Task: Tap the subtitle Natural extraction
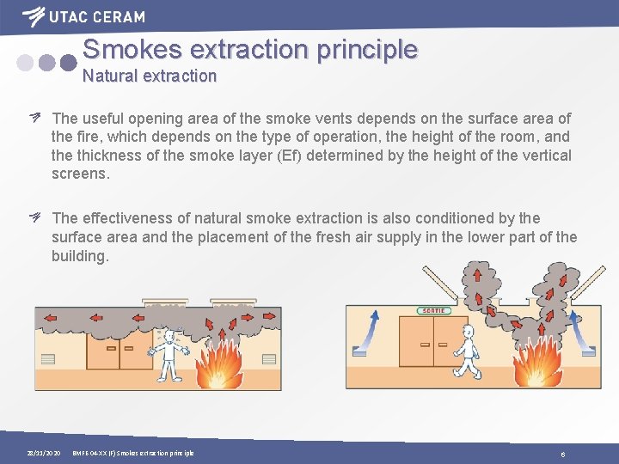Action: point(150,76)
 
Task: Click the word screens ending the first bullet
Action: point(80,174)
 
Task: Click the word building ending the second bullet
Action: point(80,256)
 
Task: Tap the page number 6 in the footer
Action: point(562,453)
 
